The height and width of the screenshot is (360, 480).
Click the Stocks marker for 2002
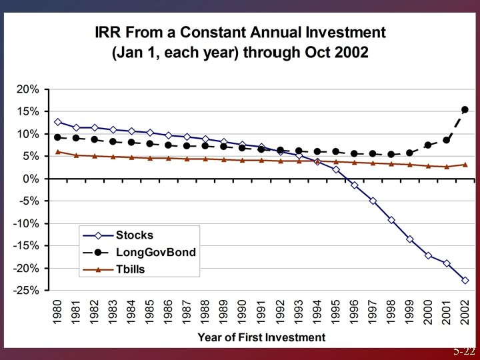click(x=465, y=281)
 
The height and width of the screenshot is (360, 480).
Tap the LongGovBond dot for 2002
click(x=465, y=109)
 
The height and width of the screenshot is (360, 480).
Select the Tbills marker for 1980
click(x=58, y=152)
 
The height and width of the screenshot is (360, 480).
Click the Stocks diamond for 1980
click(x=58, y=122)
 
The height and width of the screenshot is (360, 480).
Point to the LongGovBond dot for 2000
click(x=428, y=145)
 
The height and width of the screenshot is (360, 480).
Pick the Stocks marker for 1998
click(x=391, y=220)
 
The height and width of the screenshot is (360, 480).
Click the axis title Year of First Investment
click(x=261, y=337)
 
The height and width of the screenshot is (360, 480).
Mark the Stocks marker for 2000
click(x=428, y=255)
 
